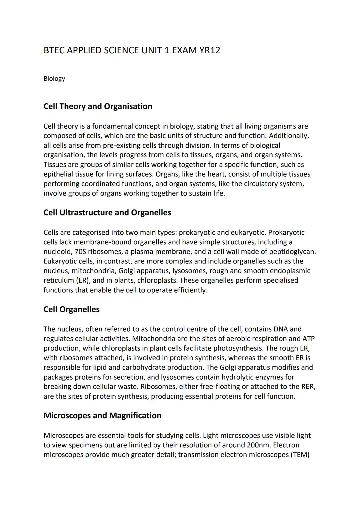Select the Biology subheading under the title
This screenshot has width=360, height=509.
pyautogui.click(x=54, y=79)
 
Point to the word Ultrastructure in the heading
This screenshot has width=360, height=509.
pyautogui.click(x=86, y=213)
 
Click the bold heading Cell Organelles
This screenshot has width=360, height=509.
pyautogui.click(x=71, y=309)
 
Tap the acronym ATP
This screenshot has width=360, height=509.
pyautogui.click(x=308, y=339)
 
